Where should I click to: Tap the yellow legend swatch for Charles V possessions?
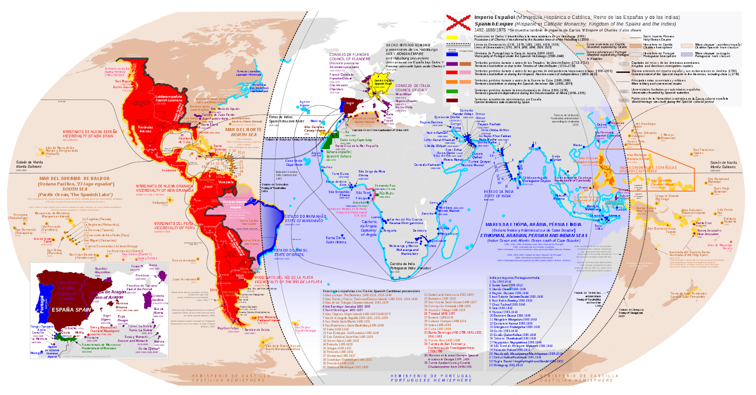452,37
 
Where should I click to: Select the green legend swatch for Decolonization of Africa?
452,91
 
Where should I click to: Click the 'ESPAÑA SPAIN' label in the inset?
71,310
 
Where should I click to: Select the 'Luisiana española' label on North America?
169,98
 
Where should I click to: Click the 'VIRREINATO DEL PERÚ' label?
173,225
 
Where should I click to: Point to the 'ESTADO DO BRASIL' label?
291,252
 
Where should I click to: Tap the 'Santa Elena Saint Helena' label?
335,240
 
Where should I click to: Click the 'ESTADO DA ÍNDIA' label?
498,194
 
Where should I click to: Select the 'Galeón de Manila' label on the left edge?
29,164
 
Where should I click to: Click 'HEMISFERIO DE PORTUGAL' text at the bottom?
431,378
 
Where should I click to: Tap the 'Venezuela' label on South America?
226,182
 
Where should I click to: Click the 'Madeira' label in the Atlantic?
316,121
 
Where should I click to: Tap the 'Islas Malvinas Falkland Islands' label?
268,318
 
